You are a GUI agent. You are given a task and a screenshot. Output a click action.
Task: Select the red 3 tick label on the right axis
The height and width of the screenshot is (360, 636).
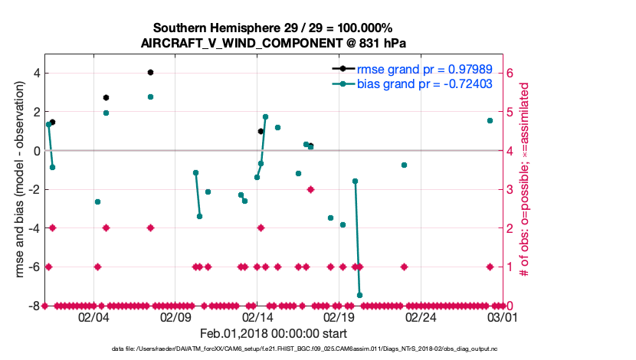512,189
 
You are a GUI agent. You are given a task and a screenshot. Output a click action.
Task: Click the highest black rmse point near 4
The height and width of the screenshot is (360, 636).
151,72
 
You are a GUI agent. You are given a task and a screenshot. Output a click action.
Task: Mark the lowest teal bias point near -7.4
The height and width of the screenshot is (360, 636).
359,295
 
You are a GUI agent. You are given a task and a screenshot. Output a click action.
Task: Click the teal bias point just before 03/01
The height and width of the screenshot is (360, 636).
490,120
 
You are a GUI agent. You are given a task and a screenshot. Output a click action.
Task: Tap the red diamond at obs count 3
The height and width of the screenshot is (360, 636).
310,189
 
